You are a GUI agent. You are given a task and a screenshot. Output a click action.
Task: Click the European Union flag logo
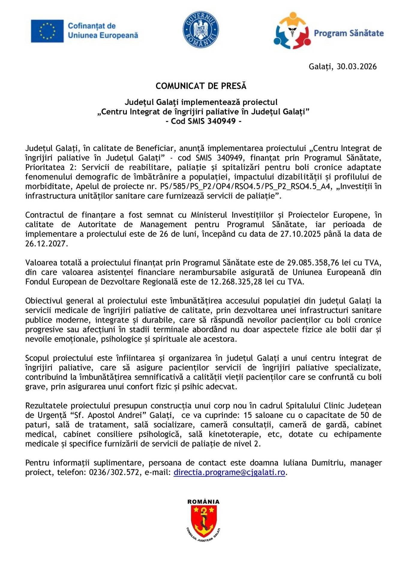point(47,31)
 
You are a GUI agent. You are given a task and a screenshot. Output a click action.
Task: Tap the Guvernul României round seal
point(201,29)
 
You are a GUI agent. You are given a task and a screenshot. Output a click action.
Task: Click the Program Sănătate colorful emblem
point(292,31)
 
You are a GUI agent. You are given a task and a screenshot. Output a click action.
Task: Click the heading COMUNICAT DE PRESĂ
point(201,86)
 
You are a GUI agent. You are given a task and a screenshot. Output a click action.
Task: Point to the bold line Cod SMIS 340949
point(203,121)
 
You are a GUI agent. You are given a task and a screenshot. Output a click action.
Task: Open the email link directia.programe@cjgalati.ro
point(229,472)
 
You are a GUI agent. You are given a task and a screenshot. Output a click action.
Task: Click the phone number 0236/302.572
point(114,472)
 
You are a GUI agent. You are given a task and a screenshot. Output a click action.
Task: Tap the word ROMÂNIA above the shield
point(203,502)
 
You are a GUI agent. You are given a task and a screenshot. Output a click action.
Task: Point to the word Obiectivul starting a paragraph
point(44,301)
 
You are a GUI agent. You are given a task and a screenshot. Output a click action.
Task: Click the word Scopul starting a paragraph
point(37,358)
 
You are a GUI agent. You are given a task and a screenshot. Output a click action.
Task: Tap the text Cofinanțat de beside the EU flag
point(91,26)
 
